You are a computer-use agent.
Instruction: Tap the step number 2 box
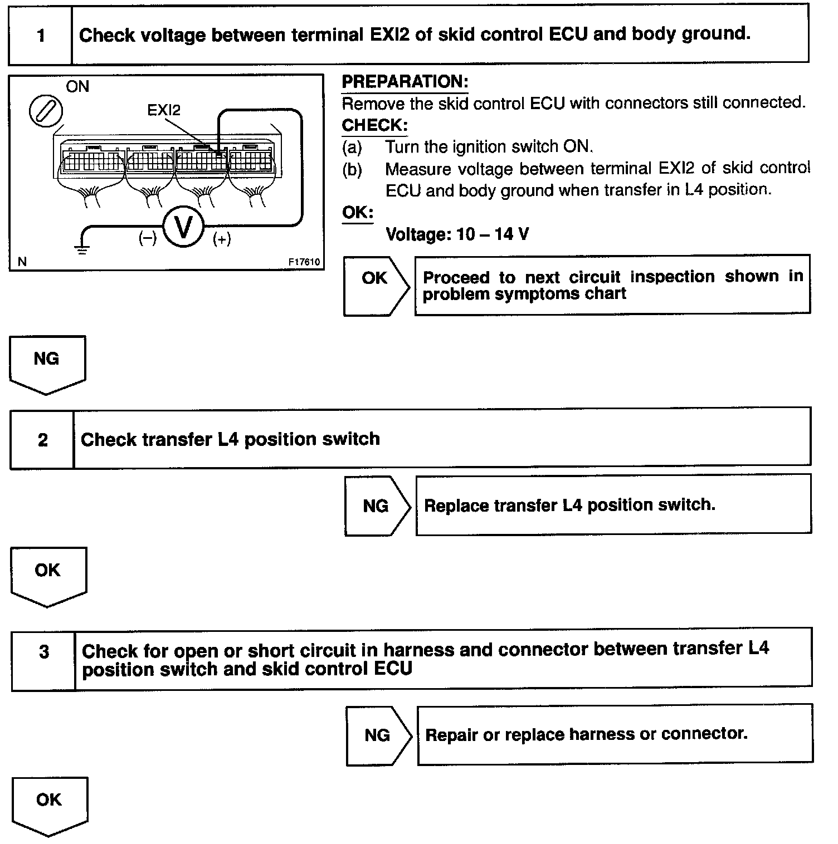[x=42, y=440]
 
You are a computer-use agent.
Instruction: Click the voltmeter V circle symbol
[x=183, y=228]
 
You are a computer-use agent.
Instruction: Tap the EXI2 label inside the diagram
[x=164, y=110]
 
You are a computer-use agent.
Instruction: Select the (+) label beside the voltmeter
[x=222, y=239]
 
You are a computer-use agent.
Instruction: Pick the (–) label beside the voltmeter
[x=147, y=239]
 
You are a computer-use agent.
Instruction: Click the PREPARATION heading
[x=405, y=82]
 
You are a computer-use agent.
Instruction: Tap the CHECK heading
[x=374, y=125]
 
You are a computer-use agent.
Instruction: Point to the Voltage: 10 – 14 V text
[x=457, y=234]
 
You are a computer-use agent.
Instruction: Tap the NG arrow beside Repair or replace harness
[x=378, y=735]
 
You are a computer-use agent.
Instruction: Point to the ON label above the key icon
[x=77, y=87]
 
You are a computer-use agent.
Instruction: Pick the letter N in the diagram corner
[x=22, y=262]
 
